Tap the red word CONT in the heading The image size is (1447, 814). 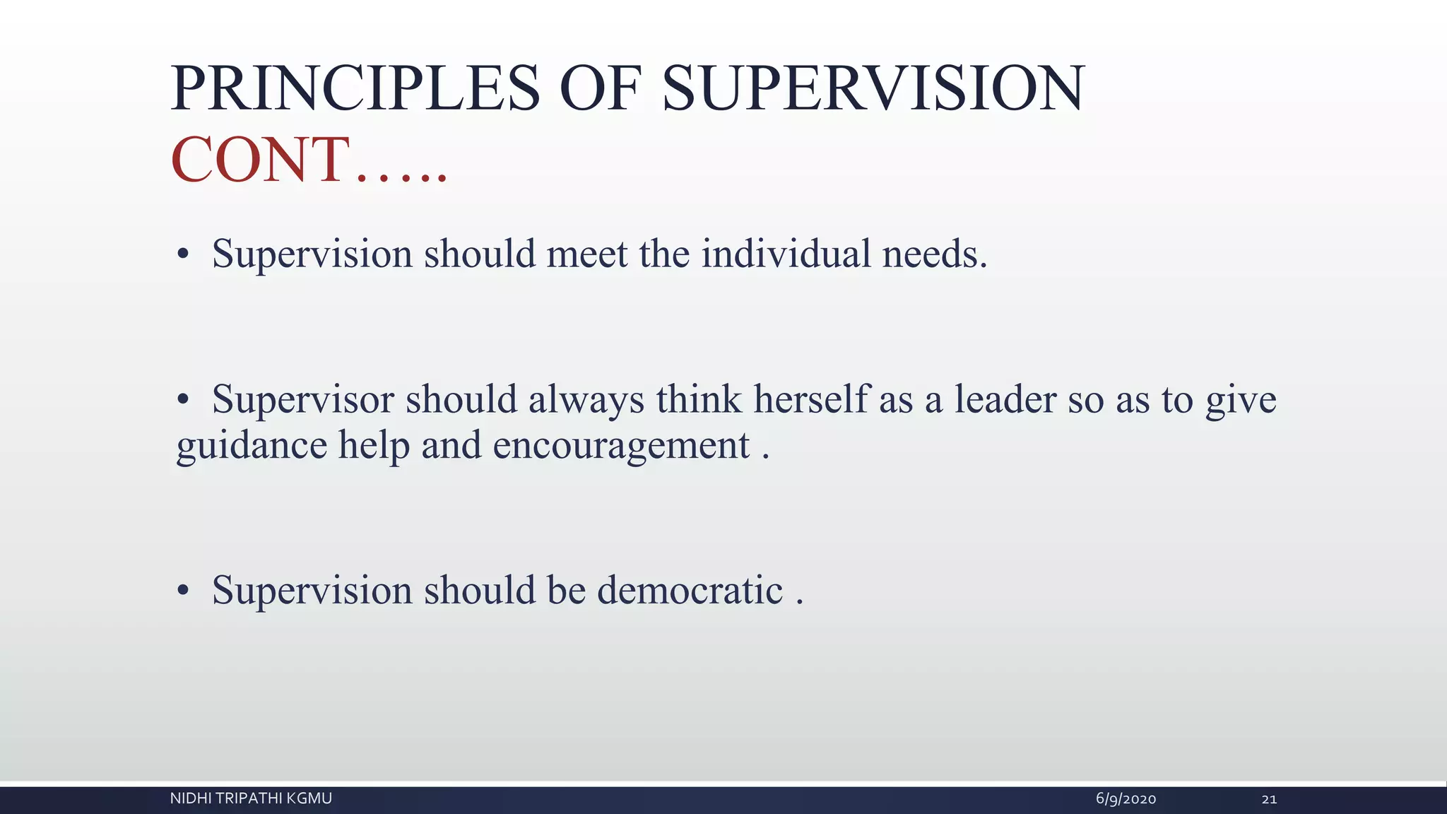pos(260,160)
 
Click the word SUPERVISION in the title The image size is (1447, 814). pos(873,89)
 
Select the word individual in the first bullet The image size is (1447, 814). pos(786,254)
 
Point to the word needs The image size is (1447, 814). pos(934,254)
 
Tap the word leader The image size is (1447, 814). pos(1005,399)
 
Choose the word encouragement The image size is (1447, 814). pos(621,446)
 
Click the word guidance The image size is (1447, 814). pos(252,446)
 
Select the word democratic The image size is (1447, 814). pos(690,590)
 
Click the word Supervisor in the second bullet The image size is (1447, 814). pos(302,399)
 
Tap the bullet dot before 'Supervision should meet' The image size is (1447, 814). pos(183,254)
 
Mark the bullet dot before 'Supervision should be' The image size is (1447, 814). pos(183,591)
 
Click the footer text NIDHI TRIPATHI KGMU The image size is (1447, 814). pos(251,798)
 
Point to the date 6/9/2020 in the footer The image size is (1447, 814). pos(1126,799)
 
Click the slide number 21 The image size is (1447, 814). pos(1269,799)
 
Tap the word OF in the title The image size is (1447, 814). pos(600,89)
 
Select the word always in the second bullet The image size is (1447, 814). pos(586,401)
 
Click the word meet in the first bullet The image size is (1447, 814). pos(586,254)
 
